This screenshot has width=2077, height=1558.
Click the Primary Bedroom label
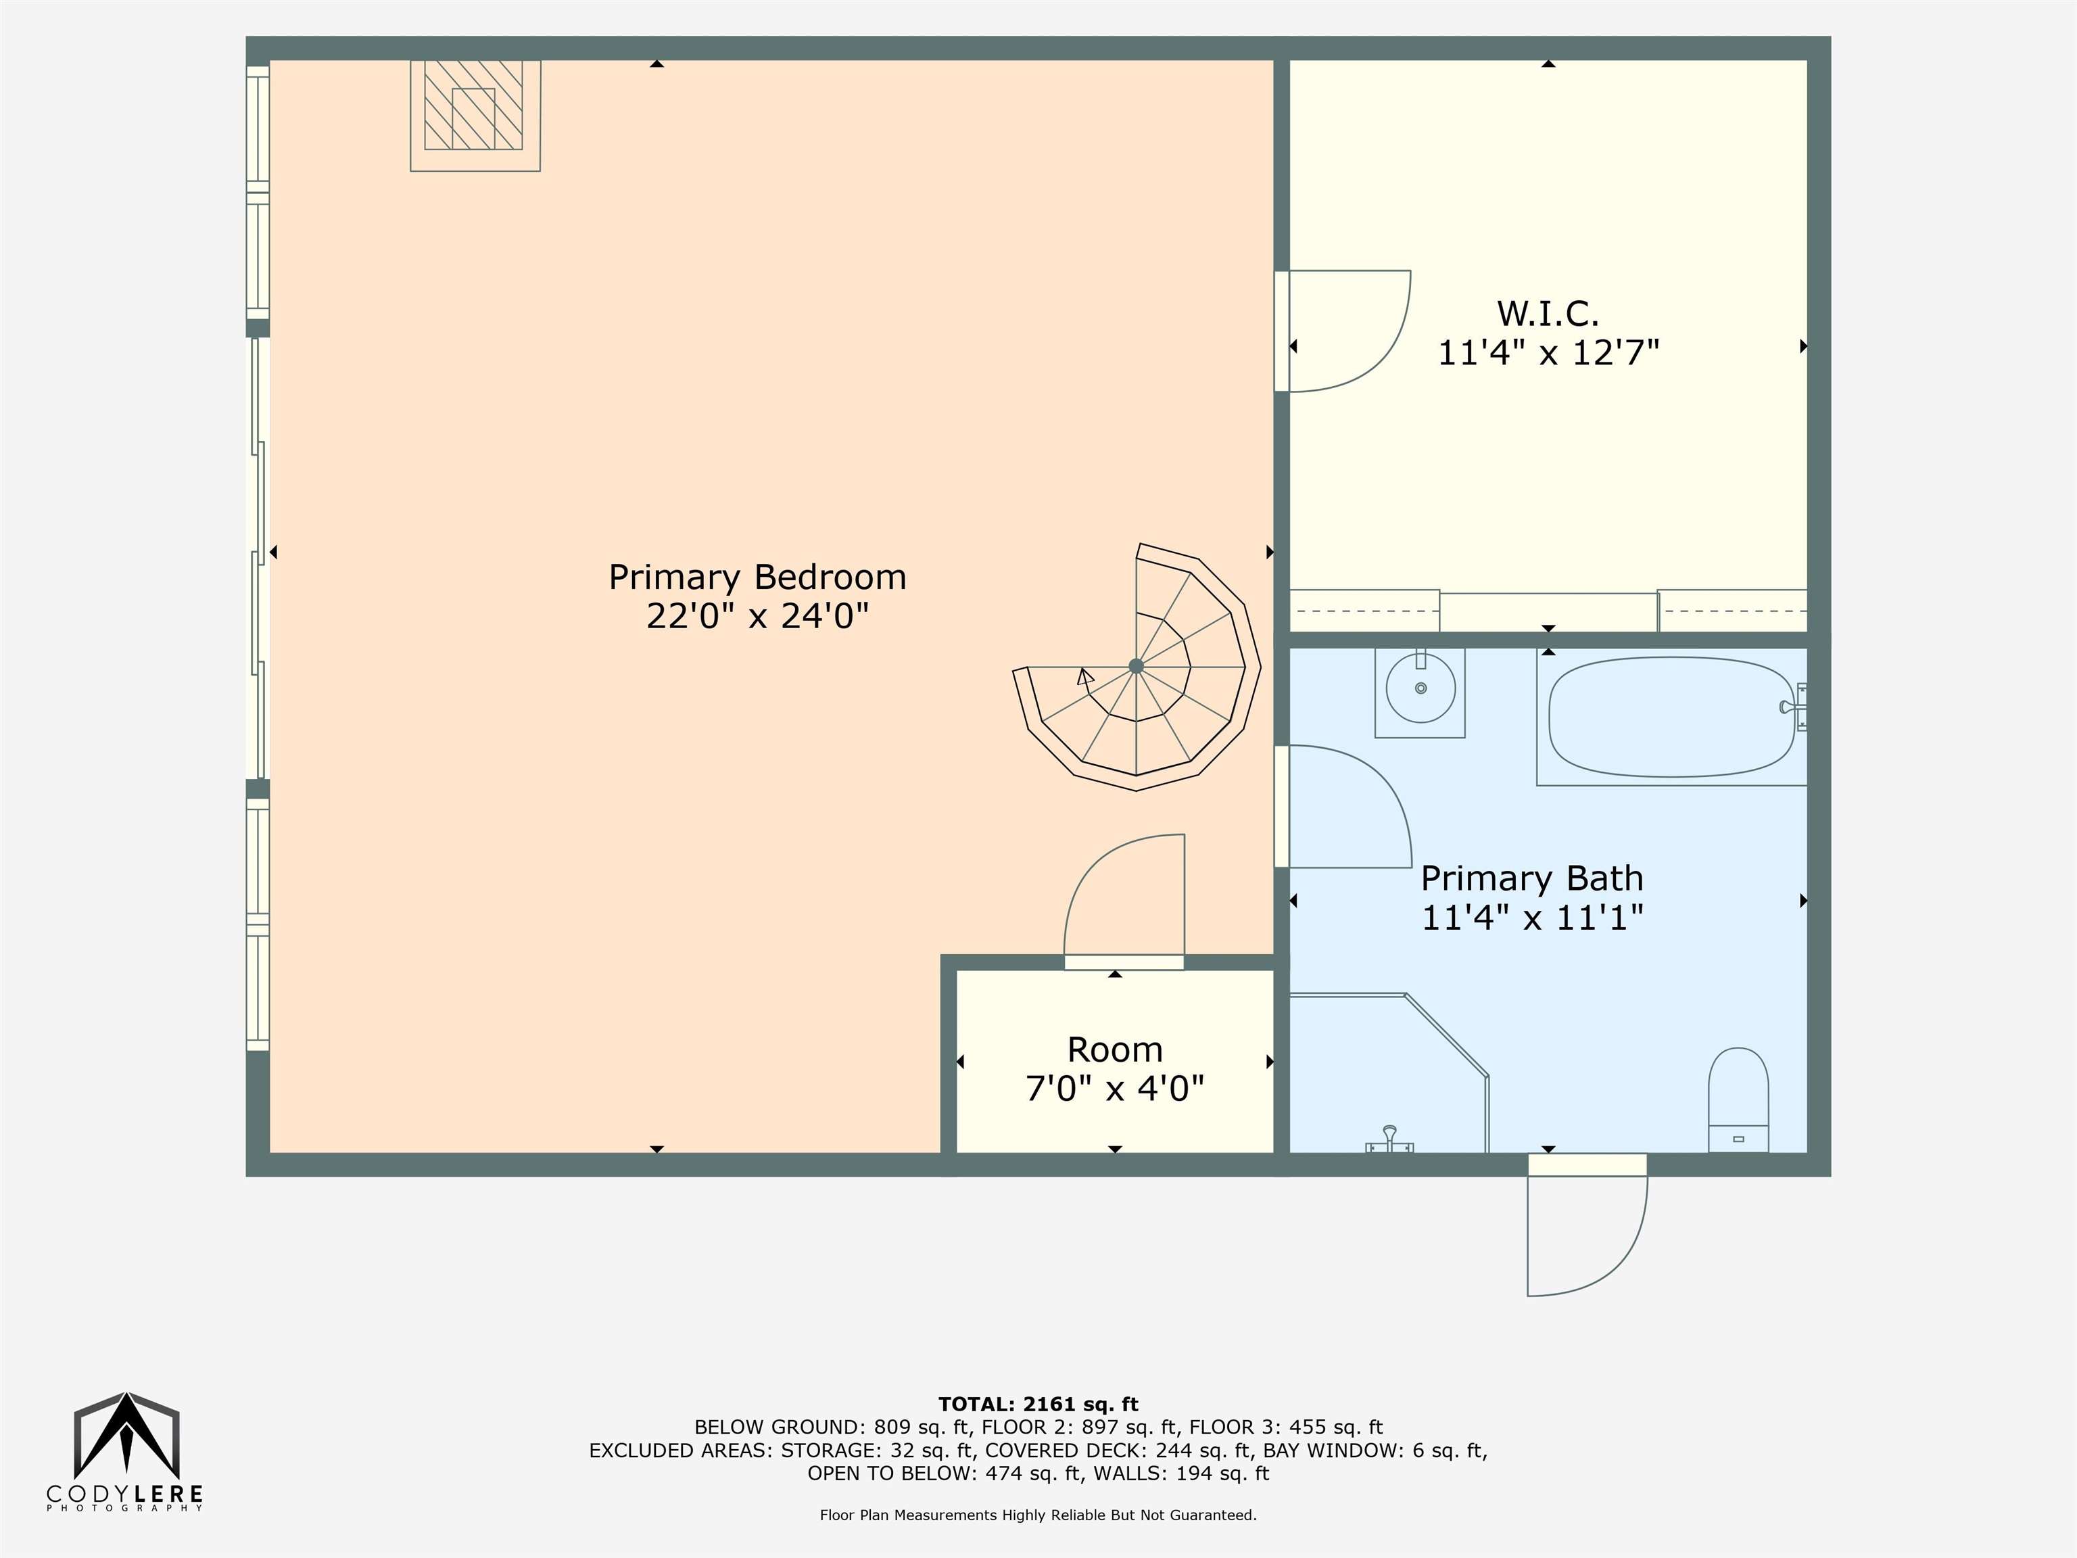[x=758, y=577]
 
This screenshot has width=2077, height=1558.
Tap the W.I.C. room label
[x=1548, y=312]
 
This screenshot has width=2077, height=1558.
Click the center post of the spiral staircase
[x=1136, y=666]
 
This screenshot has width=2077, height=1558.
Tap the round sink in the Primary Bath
[x=1421, y=688]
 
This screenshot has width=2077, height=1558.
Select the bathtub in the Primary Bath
[x=1671, y=717]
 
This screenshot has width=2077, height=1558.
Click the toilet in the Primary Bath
[x=1738, y=1100]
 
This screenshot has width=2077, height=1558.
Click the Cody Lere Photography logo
[x=126, y=1452]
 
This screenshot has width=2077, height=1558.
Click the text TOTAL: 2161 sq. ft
[x=1038, y=1404]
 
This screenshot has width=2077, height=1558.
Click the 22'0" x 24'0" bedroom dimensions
[x=758, y=616]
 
